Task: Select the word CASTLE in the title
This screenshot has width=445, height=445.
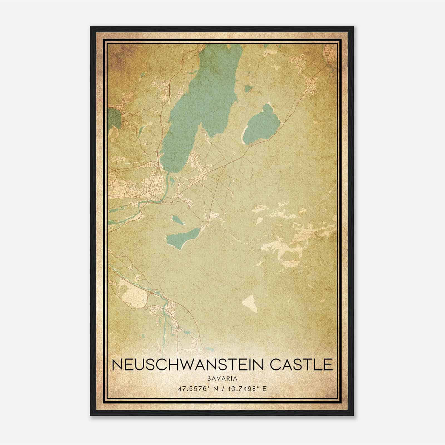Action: [302, 365]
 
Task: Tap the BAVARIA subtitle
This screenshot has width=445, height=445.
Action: [222, 378]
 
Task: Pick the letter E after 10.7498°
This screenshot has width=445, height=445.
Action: [264, 389]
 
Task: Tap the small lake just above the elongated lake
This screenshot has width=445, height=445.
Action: [177, 220]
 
